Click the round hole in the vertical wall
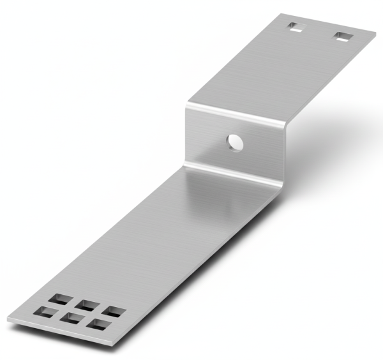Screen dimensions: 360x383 [x=236, y=142]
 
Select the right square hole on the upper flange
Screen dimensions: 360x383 [x=343, y=36]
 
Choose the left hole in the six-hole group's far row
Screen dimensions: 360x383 [x=64, y=299]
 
